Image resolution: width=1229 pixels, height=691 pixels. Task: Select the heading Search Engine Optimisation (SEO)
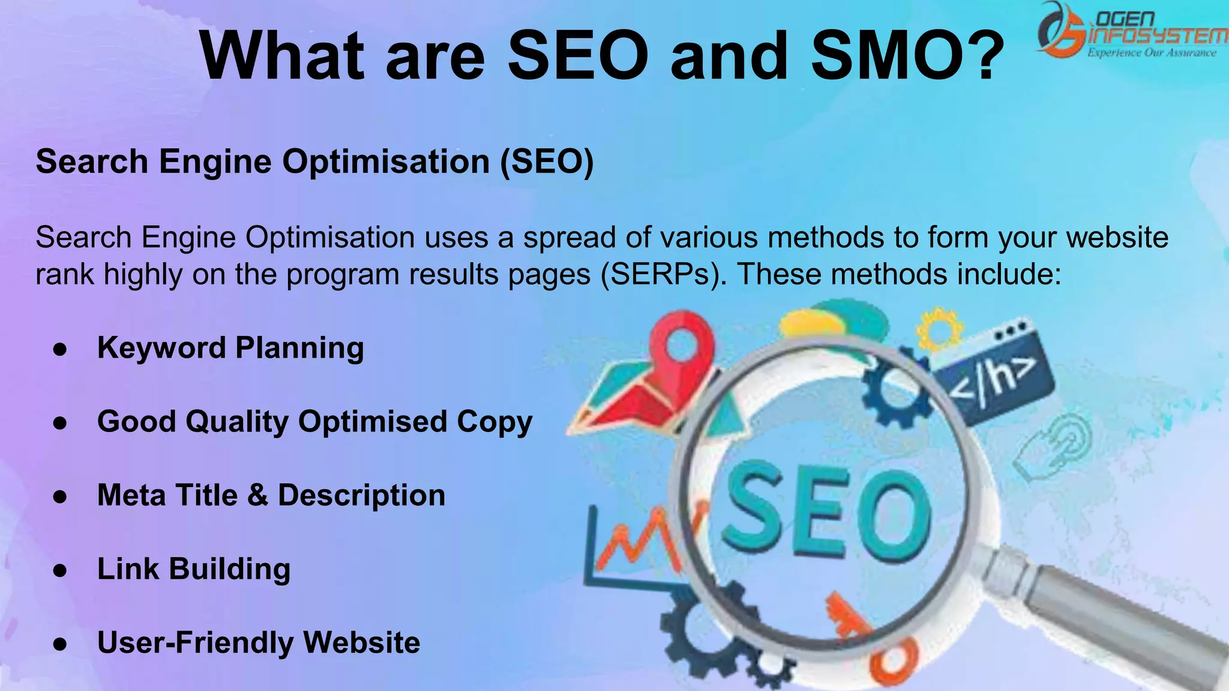(314, 162)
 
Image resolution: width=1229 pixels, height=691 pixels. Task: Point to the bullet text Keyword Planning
(230, 348)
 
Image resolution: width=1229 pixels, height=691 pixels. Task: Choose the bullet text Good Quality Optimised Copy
(314, 422)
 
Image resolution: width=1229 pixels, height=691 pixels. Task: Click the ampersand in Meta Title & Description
(257, 495)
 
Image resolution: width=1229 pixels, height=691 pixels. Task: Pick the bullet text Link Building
(193, 569)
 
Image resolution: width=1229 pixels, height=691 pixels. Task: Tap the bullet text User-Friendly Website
(259, 642)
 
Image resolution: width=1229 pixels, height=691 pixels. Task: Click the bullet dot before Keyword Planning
(59, 349)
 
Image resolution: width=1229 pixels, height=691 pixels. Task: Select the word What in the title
(282, 55)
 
